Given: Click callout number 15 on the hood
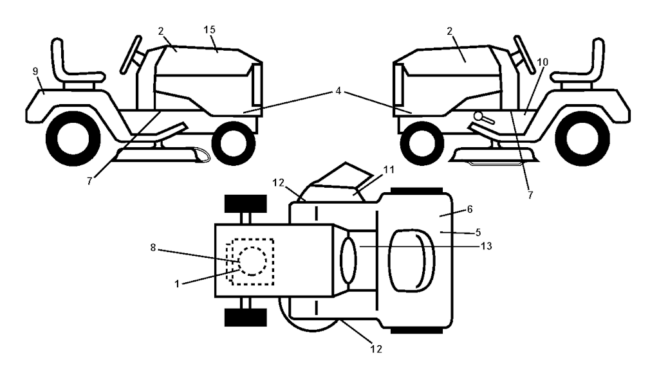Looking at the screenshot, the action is [x=209, y=30].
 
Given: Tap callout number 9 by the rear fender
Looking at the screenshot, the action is [x=35, y=72].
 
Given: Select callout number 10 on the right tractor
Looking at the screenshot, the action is [x=543, y=62].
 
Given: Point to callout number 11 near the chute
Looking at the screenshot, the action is [x=389, y=170].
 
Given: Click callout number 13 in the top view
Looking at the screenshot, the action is [x=487, y=246].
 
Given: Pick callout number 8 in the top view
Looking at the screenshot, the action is [x=153, y=248].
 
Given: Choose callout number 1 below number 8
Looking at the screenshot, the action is [x=177, y=284].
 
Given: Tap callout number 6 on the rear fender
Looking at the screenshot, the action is [x=469, y=209].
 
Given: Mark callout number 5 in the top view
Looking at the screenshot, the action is [x=478, y=232].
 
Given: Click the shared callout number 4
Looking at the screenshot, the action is [x=339, y=91].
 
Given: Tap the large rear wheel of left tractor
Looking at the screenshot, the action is [x=73, y=139].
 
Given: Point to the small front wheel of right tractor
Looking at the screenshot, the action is [x=422, y=143].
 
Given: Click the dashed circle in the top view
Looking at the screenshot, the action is [x=252, y=261].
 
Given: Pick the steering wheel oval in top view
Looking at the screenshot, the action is [x=348, y=260].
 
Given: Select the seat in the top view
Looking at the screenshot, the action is [x=411, y=260].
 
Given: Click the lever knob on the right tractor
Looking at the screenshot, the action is [x=478, y=116].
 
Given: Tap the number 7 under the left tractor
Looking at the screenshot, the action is [x=89, y=182].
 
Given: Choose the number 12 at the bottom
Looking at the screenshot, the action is [x=376, y=349].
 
